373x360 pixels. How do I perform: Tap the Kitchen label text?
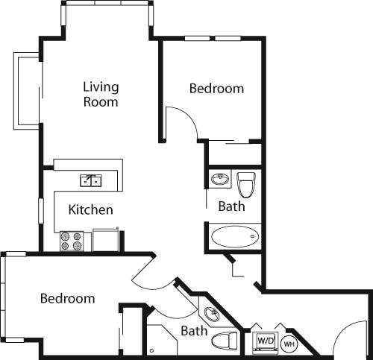click(x=90, y=209)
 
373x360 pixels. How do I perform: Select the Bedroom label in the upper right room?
click(x=216, y=88)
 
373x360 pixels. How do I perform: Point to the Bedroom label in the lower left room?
click(x=67, y=298)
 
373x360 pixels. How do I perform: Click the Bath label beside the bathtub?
click(x=232, y=206)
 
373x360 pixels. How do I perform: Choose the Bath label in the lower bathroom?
click(x=194, y=330)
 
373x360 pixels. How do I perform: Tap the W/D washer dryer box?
click(x=266, y=341)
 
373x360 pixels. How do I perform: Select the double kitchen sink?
click(x=92, y=180)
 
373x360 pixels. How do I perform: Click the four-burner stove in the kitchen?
click(x=71, y=241)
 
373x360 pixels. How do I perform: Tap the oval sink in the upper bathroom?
click(x=220, y=180)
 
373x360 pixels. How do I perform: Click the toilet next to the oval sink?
click(x=245, y=183)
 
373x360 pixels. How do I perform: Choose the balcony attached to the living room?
click(x=27, y=91)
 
